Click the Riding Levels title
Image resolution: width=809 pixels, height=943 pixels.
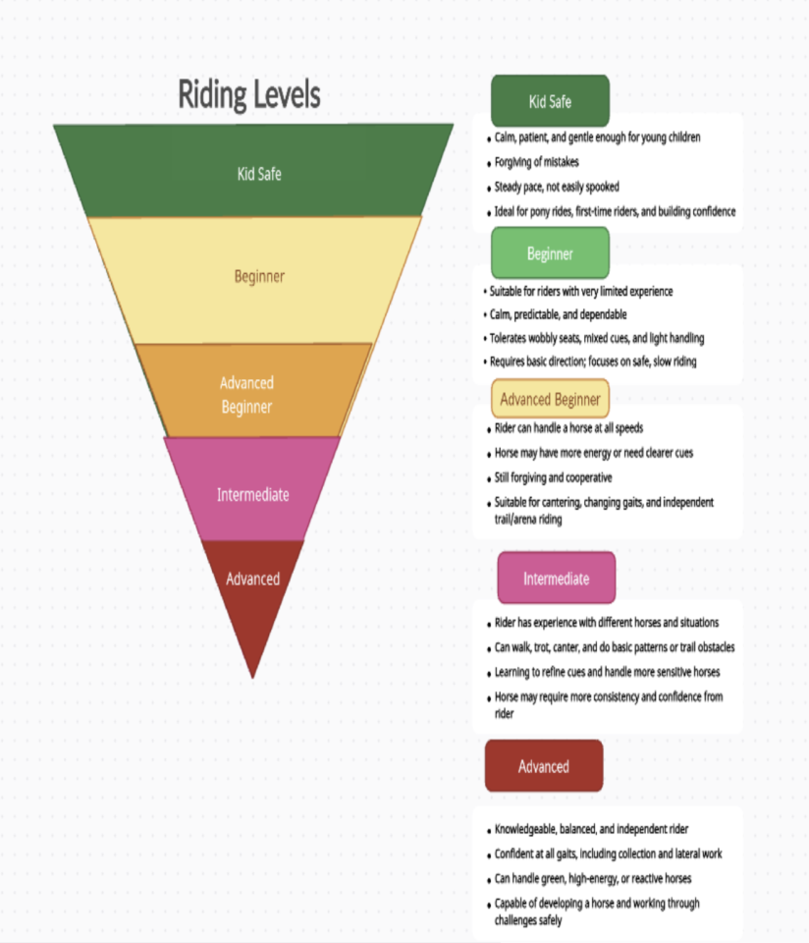(249, 95)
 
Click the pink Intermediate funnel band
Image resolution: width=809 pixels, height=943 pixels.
(252, 493)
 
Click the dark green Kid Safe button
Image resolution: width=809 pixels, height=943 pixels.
(550, 101)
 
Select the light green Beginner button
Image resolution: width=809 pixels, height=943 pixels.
(550, 253)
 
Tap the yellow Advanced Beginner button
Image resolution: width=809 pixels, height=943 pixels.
(550, 400)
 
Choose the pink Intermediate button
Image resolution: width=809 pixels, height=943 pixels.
(556, 578)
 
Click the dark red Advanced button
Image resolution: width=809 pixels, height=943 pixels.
(543, 766)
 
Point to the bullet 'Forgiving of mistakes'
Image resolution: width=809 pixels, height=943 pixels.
(536, 162)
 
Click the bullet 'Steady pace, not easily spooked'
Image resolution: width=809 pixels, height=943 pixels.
(557, 187)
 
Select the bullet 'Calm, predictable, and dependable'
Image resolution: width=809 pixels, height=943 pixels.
(558, 314)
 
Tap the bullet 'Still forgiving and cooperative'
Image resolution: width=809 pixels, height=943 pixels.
(553, 477)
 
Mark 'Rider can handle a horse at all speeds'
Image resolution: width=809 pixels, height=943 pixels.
(569, 428)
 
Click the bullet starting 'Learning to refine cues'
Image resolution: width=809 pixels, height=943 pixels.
(607, 672)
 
